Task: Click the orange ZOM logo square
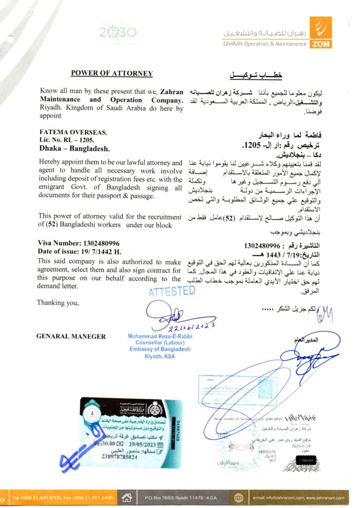[x=320, y=33]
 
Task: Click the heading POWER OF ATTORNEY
[x=112, y=73]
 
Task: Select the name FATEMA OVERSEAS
[x=72, y=133]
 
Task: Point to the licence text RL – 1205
[x=84, y=141]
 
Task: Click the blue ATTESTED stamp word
[x=172, y=291]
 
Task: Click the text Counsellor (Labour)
[x=160, y=343]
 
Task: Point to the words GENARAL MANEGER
[x=71, y=336]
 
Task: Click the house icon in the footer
[x=127, y=497]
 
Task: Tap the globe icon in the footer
[x=239, y=497]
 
